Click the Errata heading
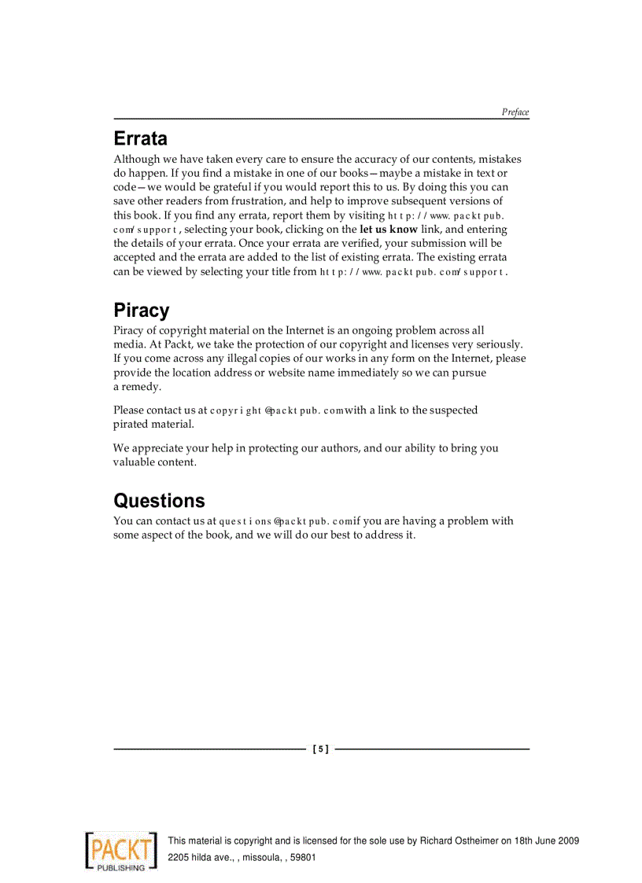click(x=140, y=139)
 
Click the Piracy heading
click(x=141, y=311)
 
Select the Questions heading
click(x=159, y=501)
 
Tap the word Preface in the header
click(x=515, y=112)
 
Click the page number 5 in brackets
click(x=320, y=749)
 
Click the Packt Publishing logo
click(x=120, y=849)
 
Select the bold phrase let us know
click(x=389, y=230)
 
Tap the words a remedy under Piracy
click(x=137, y=387)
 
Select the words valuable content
click(x=154, y=462)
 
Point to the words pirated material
click(x=153, y=425)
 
